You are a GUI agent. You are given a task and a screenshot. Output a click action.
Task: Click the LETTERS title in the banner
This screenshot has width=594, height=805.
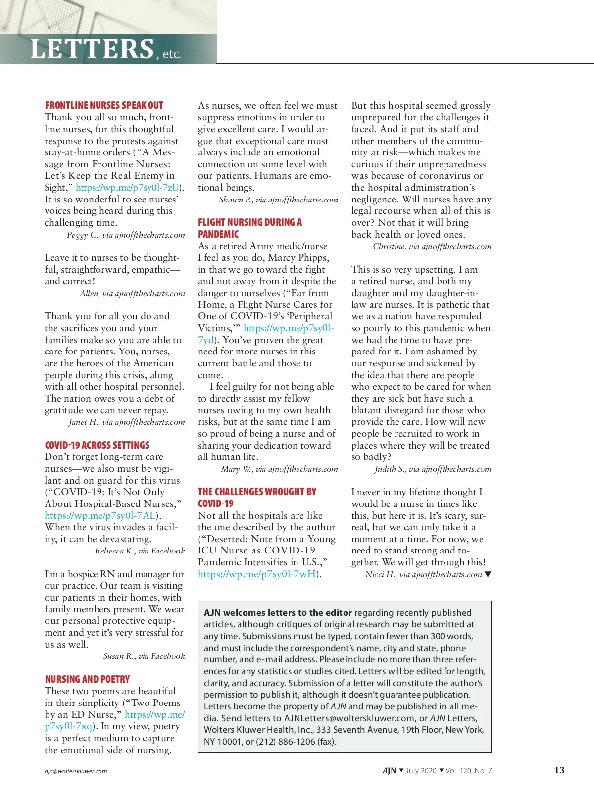pos(92,49)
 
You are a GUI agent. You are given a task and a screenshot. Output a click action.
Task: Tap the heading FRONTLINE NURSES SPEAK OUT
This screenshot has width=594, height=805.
pos(104,105)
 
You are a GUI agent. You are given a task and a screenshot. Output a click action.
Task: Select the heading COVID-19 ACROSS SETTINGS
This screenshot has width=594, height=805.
pos(97,445)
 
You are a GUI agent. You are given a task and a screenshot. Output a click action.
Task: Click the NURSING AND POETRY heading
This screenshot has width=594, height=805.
pos(87,679)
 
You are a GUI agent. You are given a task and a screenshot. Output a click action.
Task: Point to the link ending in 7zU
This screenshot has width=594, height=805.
pos(127,188)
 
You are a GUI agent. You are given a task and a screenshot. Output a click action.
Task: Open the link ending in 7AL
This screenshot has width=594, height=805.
pos(100,516)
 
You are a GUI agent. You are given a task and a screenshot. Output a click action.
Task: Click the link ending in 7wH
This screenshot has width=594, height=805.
pos(257,574)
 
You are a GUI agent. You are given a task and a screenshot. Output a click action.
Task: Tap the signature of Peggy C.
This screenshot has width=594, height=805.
pos(126,235)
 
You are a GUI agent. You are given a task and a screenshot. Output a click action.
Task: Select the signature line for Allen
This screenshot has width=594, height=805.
pos(132,294)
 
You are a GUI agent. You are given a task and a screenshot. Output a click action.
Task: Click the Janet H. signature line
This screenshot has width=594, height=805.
pos(127,422)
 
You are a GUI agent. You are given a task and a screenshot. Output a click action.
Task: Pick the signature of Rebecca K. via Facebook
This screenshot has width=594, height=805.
pos(140,551)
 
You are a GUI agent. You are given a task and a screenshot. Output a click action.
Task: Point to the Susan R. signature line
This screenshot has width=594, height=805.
pos(144,656)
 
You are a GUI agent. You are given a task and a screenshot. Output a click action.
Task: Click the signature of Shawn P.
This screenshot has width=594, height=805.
pos(278,200)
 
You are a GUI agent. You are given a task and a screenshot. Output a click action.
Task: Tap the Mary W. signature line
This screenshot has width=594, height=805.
pos(279,469)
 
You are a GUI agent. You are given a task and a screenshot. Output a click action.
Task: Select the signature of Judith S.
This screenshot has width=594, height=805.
pos(433,469)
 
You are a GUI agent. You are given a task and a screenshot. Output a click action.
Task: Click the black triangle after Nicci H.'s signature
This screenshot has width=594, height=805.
pos(488,574)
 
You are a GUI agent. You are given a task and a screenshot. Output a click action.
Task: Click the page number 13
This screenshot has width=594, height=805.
pos(559,770)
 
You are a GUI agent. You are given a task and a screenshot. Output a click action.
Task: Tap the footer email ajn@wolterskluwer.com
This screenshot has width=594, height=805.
pos(76,771)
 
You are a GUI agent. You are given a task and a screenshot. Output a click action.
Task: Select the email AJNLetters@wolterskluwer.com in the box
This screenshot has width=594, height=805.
pos(349,718)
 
